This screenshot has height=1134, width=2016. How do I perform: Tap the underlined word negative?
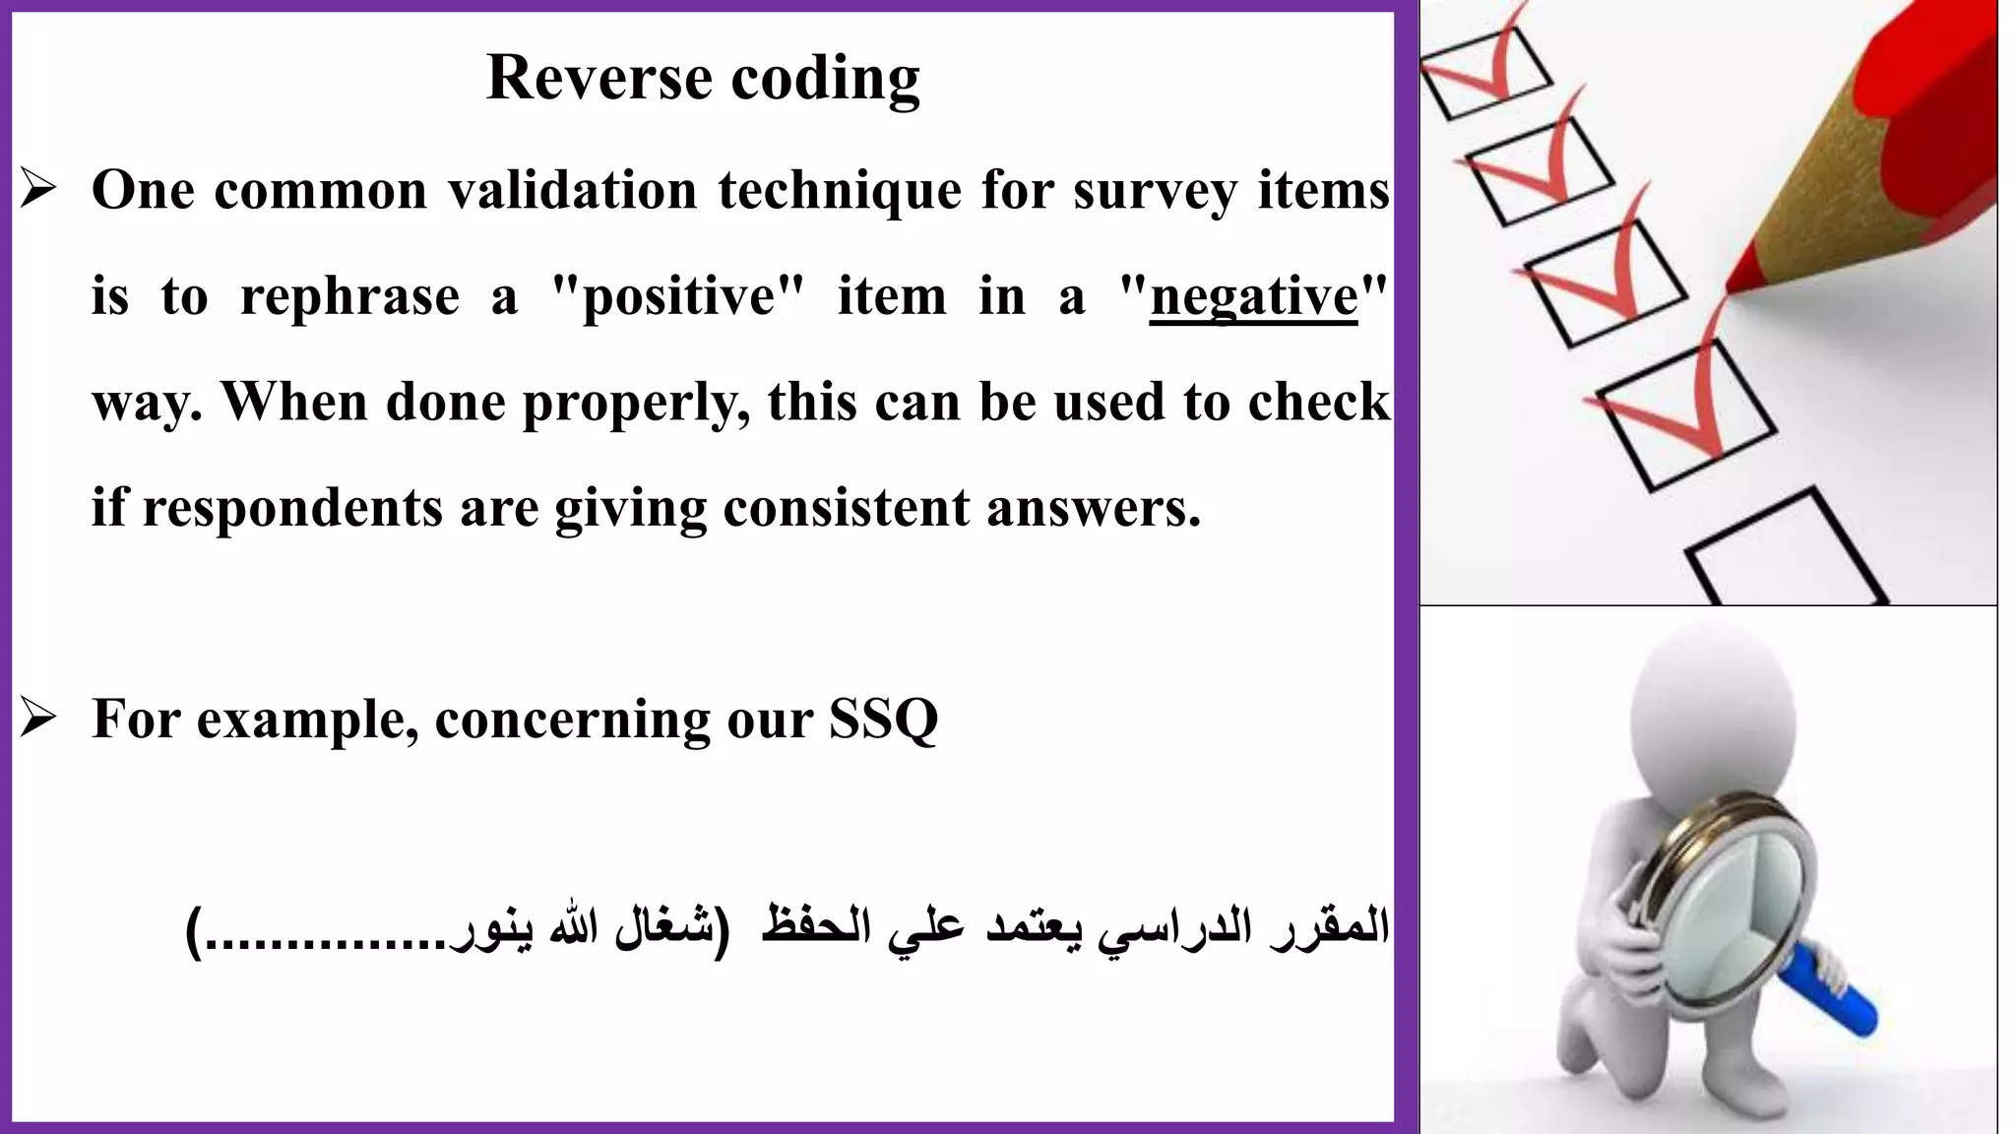[x=1253, y=296]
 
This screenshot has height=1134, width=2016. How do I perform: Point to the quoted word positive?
[x=678, y=296]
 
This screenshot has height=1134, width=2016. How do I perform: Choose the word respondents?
[x=291, y=509]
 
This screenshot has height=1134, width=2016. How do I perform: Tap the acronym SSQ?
[x=883, y=720]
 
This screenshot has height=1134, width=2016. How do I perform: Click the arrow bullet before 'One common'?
[x=38, y=190]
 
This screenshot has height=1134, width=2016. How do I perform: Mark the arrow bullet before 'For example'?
[x=38, y=720]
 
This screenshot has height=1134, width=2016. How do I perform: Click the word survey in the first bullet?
[x=1155, y=191]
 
